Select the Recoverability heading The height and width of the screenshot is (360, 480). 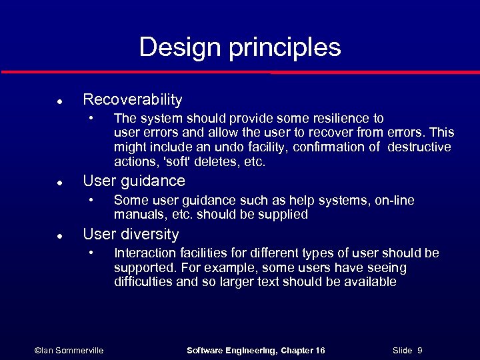coord(132,100)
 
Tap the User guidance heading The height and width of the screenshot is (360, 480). coord(133,181)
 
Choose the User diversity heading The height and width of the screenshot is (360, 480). coord(131,235)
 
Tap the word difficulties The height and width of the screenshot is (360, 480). coord(141,282)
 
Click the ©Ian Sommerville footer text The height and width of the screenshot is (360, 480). coord(69,351)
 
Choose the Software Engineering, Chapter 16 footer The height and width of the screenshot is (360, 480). coord(256,351)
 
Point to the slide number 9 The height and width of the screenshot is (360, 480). coord(420,351)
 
